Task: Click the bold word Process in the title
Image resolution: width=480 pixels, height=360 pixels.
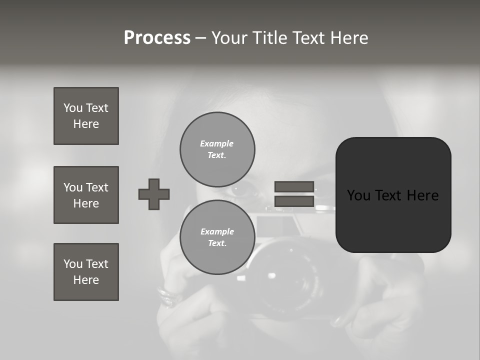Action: (157, 38)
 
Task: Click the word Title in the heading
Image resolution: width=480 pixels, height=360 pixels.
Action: (270, 38)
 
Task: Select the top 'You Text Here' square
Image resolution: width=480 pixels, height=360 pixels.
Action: (86, 116)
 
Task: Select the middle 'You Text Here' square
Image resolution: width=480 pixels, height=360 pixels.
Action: (86, 195)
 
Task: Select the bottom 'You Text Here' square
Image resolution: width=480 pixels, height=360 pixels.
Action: (86, 272)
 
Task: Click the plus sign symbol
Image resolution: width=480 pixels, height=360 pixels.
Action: (154, 194)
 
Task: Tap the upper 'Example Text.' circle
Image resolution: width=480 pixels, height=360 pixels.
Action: (217, 149)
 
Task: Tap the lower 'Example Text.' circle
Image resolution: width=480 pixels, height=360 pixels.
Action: (217, 237)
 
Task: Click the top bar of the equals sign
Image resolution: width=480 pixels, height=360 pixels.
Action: (294, 186)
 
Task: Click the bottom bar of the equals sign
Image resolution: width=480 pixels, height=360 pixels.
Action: (294, 201)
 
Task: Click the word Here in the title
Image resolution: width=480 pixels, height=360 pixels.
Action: (348, 38)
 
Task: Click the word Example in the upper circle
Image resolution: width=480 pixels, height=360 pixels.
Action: (216, 143)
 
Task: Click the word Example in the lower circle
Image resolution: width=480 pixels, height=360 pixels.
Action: (217, 231)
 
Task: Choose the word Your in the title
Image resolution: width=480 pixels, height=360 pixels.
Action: (229, 38)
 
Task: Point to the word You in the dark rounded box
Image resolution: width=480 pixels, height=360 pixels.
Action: (359, 195)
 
